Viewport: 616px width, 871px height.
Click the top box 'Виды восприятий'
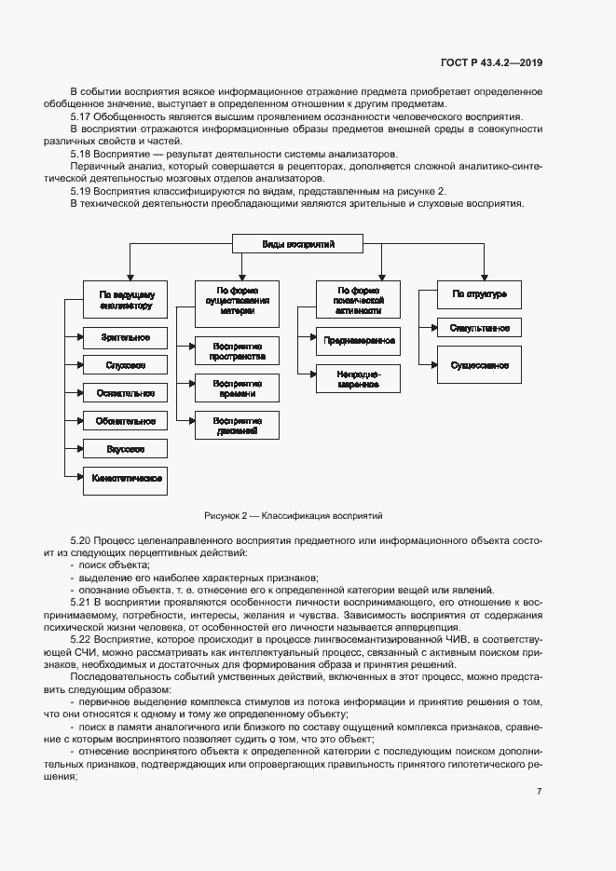coord(298,244)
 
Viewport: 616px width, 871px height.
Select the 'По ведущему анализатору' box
coord(125,299)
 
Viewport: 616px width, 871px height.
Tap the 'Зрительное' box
coord(125,336)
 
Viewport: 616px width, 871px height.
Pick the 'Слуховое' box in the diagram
coord(125,365)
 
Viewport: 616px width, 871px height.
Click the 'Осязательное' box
coord(125,393)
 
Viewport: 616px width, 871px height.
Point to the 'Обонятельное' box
coord(125,421)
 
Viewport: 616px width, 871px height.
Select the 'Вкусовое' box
coord(125,449)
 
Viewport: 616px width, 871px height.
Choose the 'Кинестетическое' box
coord(125,479)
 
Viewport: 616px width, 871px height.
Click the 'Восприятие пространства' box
coord(237,350)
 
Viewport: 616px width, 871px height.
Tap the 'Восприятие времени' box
coord(237,388)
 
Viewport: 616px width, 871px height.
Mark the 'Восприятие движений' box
coord(237,425)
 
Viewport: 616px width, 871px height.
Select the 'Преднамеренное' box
coord(359,341)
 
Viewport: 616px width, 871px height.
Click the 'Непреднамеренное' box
coord(359,378)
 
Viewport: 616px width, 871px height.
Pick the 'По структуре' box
coord(479,294)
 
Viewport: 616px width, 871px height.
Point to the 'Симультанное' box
coord(479,328)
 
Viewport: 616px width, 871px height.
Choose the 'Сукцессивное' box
coord(479,365)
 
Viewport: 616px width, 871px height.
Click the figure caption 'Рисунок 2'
coord(294,515)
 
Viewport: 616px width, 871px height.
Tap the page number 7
coord(539,766)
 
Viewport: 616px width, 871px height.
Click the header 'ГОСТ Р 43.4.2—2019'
coord(491,62)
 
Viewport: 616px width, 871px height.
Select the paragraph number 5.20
coord(81,540)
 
